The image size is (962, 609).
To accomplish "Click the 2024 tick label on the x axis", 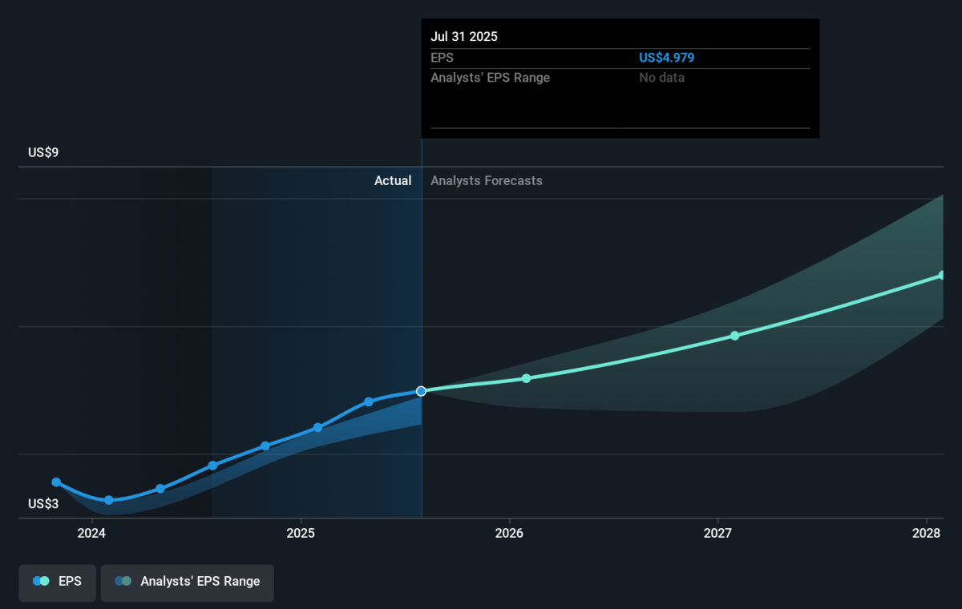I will (x=92, y=534).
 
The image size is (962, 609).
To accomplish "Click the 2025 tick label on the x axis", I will (x=301, y=534).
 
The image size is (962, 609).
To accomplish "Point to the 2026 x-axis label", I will (x=509, y=534).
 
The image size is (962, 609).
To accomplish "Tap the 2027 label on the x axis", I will (x=718, y=534).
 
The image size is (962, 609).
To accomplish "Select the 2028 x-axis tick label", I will (x=927, y=534).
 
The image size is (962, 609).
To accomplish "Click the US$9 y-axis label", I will (x=43, y=152).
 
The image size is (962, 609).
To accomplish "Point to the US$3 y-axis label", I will (x=43, y=504).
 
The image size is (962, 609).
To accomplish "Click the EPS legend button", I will (x=58, y=582).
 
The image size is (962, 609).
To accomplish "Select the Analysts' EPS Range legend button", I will (x=188, y=582).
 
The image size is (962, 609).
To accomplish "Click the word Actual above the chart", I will (x=393, y=181).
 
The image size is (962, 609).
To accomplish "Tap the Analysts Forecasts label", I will (x=487, y=181).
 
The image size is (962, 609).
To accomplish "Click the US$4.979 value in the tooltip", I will (x=667, y=58).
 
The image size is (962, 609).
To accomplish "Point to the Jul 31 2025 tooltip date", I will (x=464, y=37).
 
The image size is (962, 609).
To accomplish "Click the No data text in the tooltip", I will (x=662, y=78).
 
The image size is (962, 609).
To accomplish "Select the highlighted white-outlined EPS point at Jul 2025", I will (x=421, y=391).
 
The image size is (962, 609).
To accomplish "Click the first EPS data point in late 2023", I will (x=56, y=482).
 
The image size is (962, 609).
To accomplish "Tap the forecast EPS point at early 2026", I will (x=527, y=378).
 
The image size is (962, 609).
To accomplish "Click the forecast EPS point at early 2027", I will (x=734, y=336).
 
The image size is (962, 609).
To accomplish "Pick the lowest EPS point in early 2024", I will (x=109, y=500).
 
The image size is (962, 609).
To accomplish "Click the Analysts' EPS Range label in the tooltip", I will (x=491, y=78).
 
